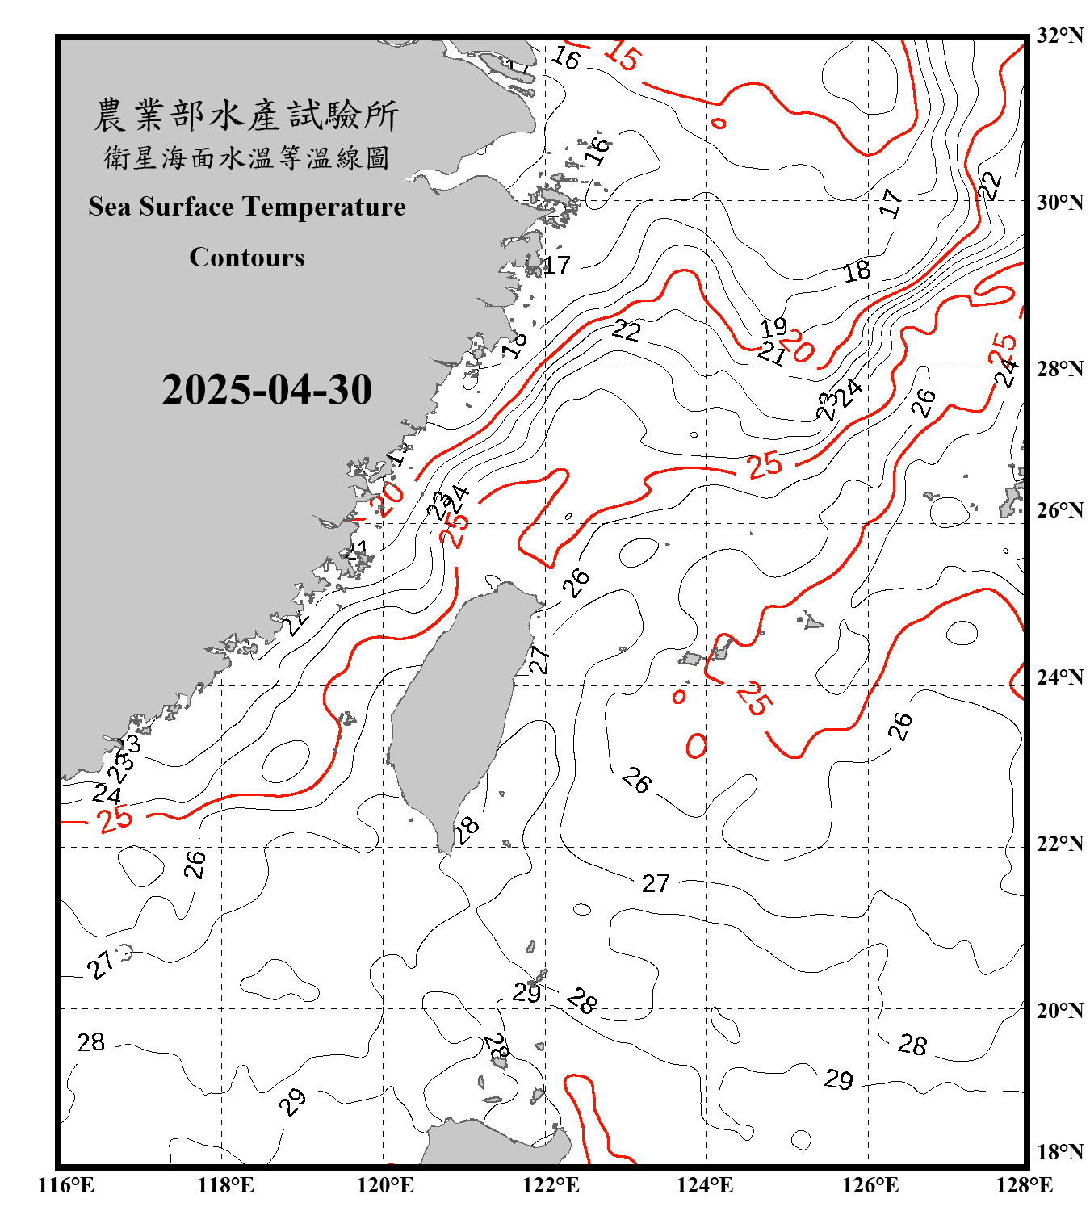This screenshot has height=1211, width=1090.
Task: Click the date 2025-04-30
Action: (x=266, y=390)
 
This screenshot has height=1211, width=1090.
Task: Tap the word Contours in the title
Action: (x=246, y=257)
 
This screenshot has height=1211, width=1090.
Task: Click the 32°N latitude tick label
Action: (x=1059, y=36)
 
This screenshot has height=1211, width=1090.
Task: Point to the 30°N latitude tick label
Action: (x=1059, y=202)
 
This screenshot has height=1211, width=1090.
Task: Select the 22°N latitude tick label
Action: (x=1059, y=844)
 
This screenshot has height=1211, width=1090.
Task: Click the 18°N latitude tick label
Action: (x=1059, y=1152)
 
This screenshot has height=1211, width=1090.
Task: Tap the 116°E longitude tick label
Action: (x=65, y=1185)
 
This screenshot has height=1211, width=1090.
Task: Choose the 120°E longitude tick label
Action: (x=385, y=1185)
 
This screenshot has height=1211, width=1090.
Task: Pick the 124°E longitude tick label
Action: (x=705, y=1185)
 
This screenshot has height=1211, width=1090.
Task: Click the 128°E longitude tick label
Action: (x=1024, y=1185)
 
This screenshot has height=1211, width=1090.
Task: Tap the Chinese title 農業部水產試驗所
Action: (x=246, y=115)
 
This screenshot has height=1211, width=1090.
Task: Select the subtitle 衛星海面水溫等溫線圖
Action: (x=246, y=157)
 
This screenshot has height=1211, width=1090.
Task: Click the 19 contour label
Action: (x=773, y=327)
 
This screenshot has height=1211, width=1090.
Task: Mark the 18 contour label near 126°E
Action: (x=857, y=271)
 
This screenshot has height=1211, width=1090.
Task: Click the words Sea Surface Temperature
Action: (x=246, y=207)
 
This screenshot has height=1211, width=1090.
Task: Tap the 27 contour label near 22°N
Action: (x=656, y=883)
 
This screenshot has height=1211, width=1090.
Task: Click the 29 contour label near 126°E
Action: (x=838, y=1079)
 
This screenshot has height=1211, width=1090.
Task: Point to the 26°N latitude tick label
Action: (x=1059, y=510)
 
